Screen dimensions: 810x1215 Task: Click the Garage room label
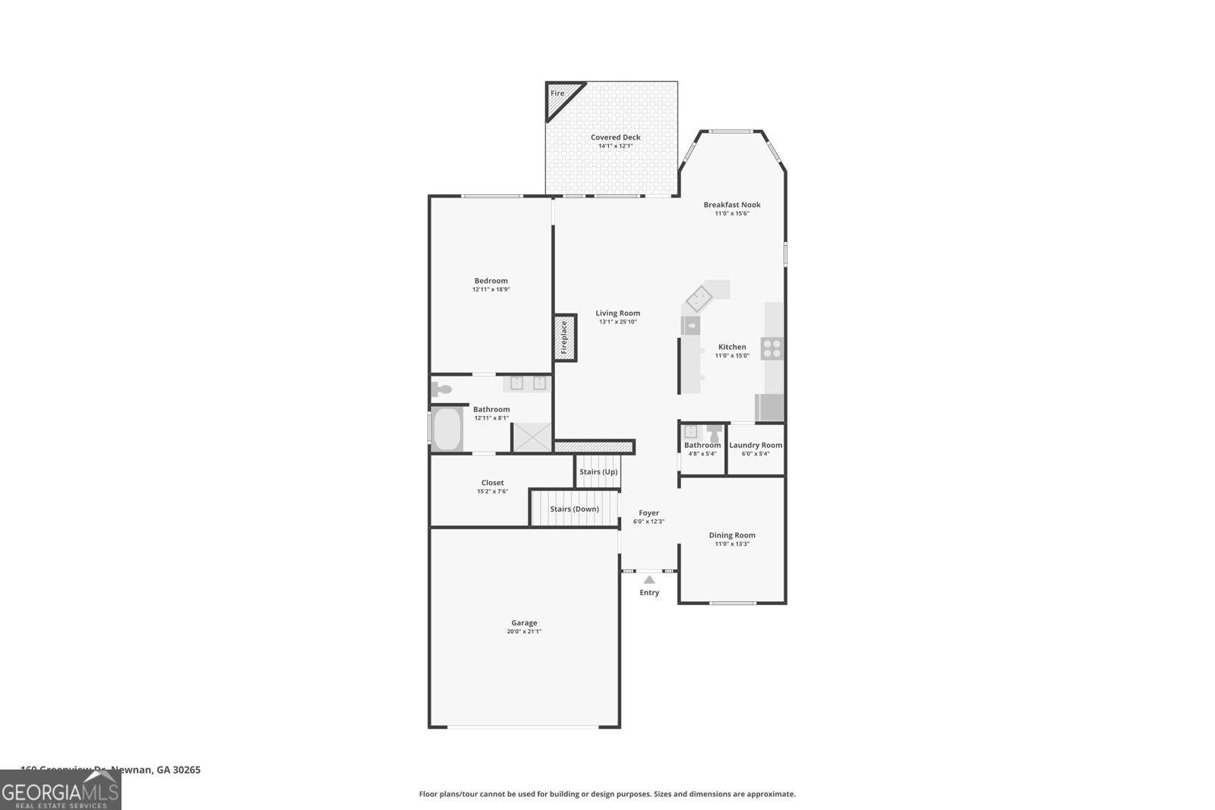(524, 622)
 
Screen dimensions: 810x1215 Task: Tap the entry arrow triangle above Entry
(649, 579)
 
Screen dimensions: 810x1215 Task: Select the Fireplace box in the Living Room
(565, 338)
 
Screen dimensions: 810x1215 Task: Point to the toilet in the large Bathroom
(441, 390)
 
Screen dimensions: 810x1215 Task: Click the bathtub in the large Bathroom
(447, 430)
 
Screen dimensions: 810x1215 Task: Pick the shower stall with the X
(532, 437)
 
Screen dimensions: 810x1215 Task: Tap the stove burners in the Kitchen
(772, 348)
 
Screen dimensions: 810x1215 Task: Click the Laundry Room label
(756, 446)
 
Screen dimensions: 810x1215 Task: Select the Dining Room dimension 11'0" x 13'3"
(732, 544)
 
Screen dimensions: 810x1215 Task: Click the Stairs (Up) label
(598, 471)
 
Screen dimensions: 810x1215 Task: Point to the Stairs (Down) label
(574, 509)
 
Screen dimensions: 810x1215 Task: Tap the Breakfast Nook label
(731, 205)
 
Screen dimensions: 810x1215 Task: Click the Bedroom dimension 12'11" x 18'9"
(491, 289)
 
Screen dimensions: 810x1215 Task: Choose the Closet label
(492, 483)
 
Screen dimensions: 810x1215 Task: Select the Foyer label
(649, 513)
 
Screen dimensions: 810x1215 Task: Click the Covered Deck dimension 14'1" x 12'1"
(615, 146)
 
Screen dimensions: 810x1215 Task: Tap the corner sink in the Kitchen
(699, 298)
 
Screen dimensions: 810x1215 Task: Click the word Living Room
(617, 313)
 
